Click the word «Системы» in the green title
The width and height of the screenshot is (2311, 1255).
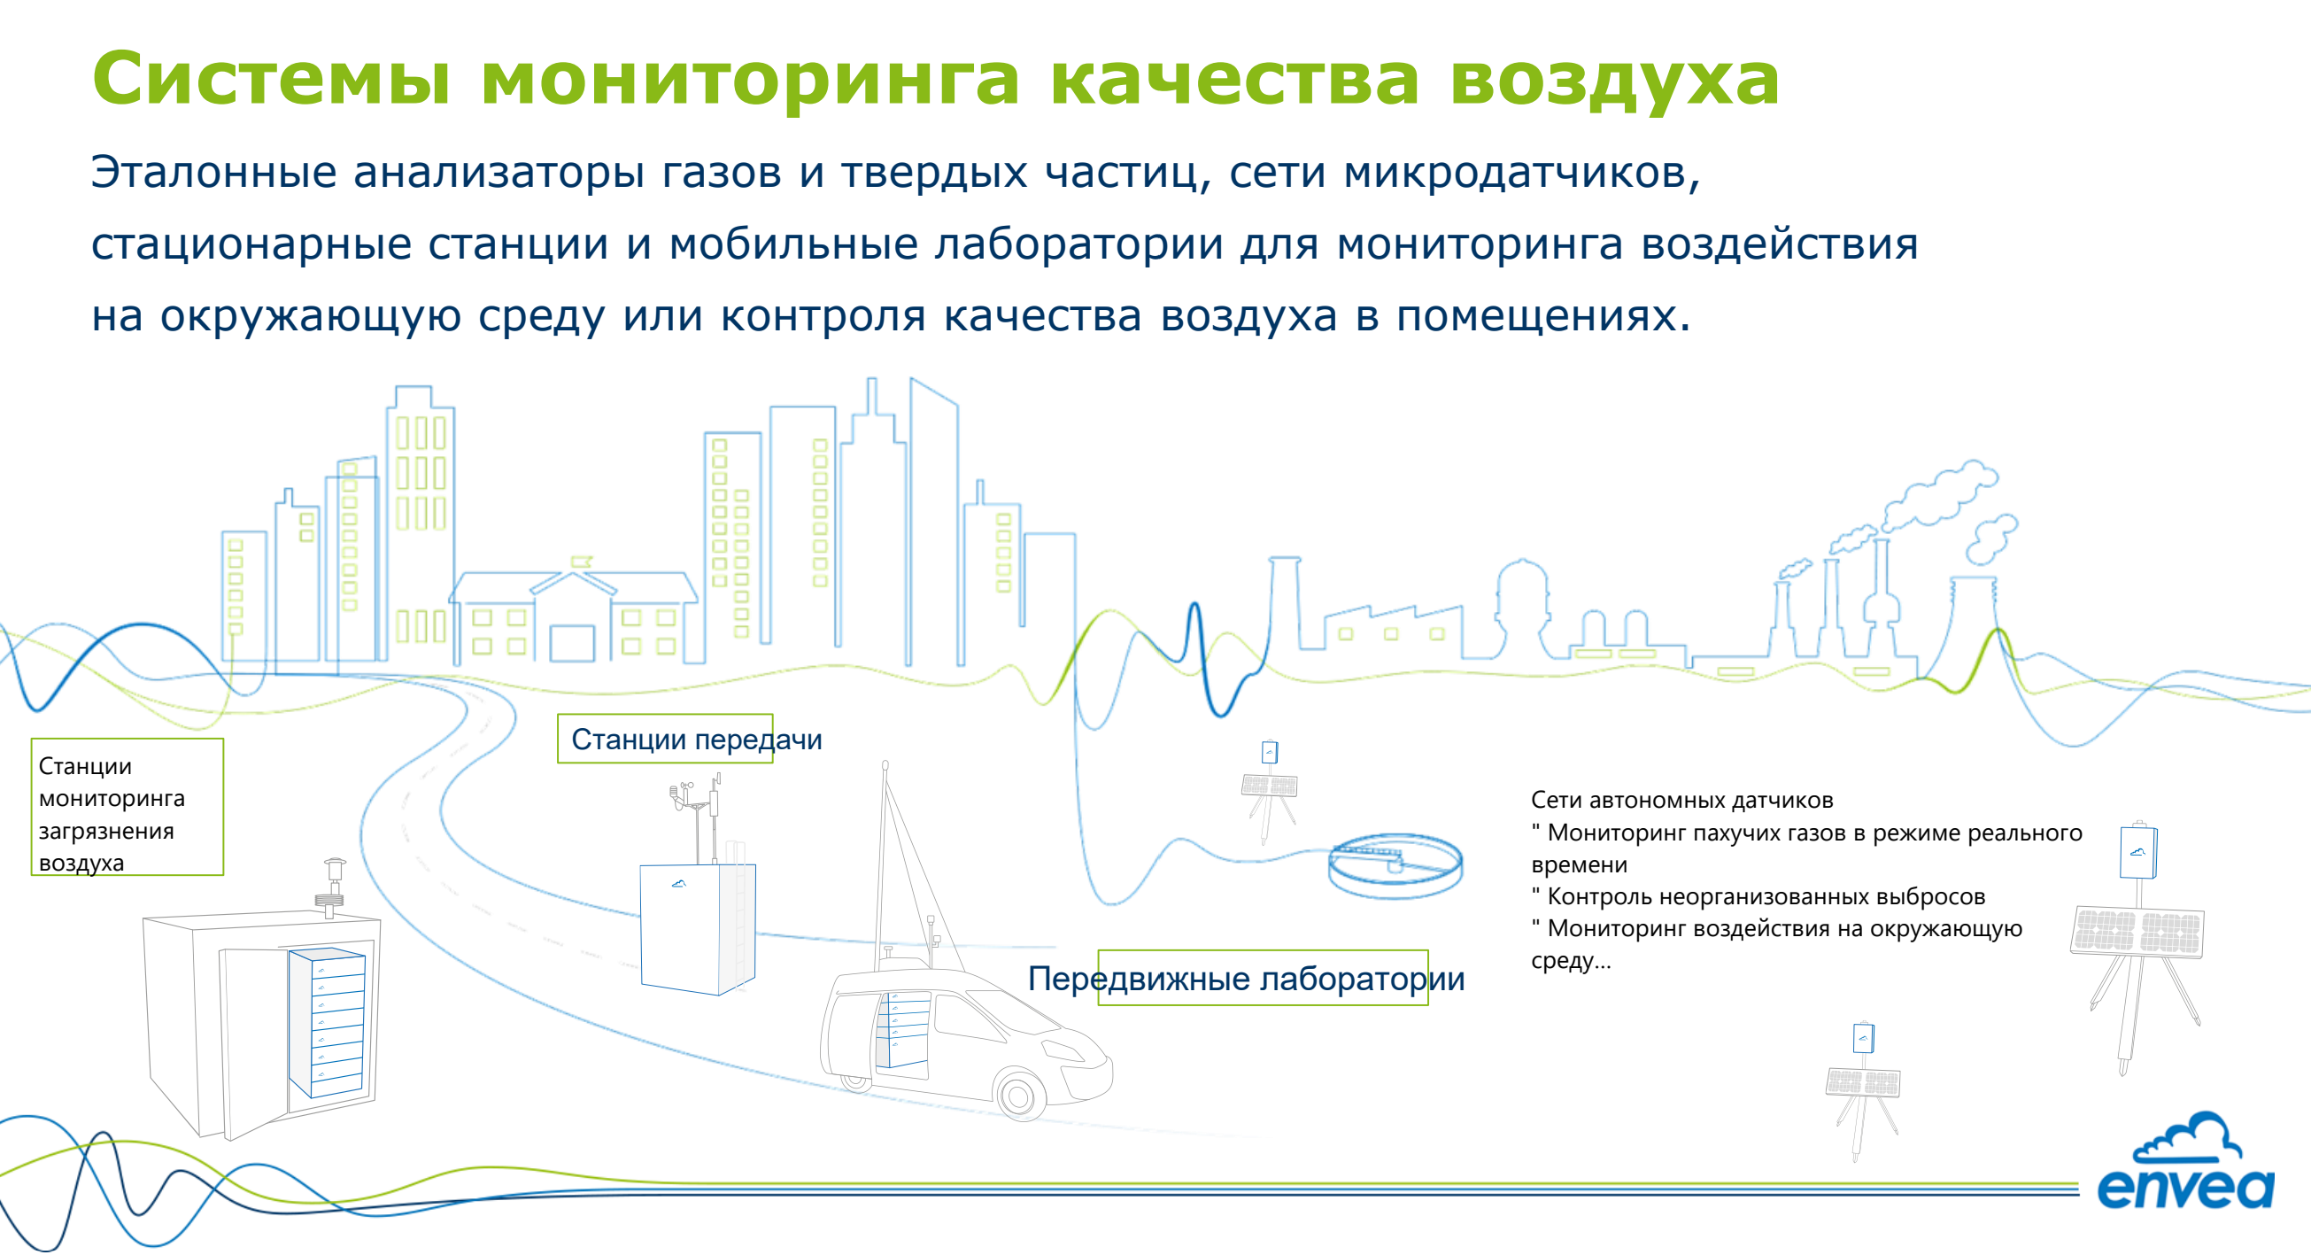(x=271, y=79)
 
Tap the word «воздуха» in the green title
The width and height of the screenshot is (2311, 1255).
(x=1614, y=79)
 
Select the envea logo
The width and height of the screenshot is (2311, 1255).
(x=2185, y=1166)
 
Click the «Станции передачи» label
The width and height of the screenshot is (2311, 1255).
(x=696, y=740)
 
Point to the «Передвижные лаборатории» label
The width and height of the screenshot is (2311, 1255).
(x=1246, y=979)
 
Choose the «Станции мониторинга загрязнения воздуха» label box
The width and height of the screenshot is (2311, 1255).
(x=127, y=807)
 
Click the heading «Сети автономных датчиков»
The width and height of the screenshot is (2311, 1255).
(x=1681, y=799)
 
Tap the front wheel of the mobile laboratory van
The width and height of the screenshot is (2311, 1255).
(x=1019, y=1094)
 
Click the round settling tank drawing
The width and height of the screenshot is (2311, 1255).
(x=1395, y=864)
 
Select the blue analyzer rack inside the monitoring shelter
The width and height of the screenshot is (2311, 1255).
(x=328, y=1022)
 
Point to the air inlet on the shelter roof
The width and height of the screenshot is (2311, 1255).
(x=335, y=885)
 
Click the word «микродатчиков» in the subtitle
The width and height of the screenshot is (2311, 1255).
(x=1520, y=171)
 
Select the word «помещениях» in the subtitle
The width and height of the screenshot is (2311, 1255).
(x=1542, y=315)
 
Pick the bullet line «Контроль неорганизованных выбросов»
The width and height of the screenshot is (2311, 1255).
(x=1766, y=896)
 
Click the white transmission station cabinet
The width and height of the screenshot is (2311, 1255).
(x=697, y=927)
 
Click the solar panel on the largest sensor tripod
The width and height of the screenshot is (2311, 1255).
(x=2137, y=932)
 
